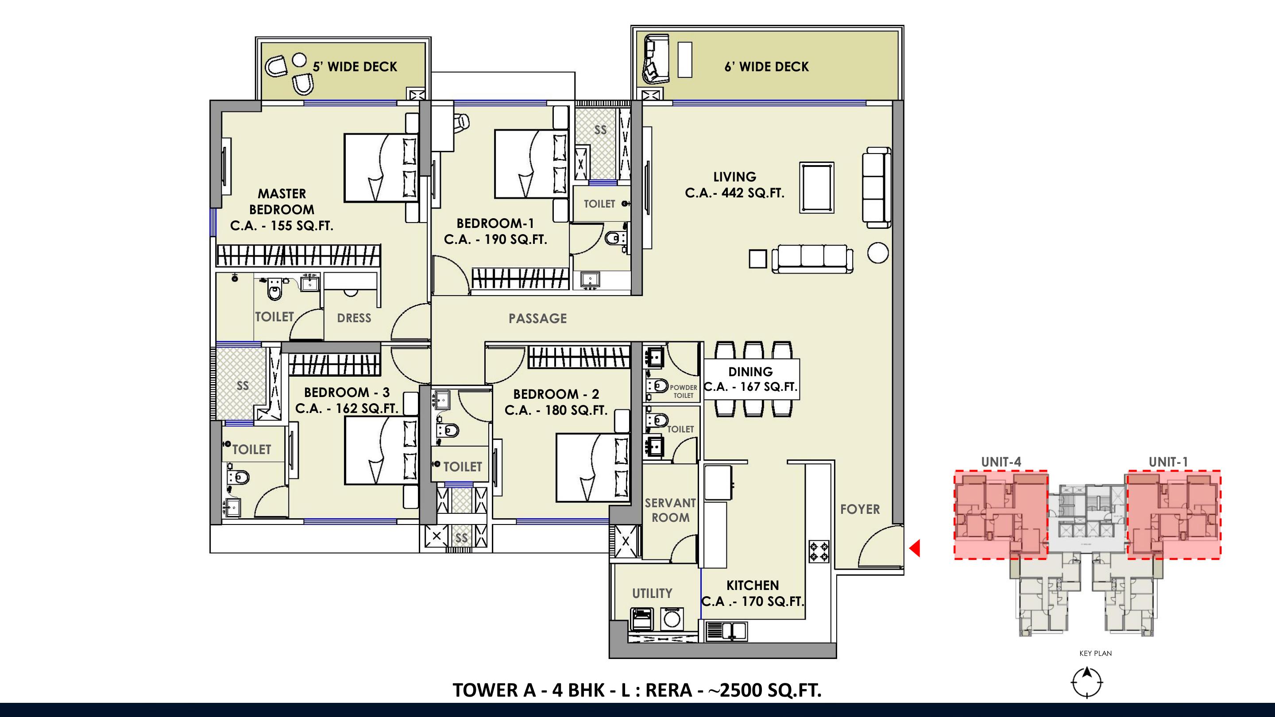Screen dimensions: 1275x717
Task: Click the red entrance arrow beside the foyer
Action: (x=915, y=548)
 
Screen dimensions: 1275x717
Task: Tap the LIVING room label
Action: (x=734, y=177)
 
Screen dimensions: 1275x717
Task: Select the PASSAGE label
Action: (x=537, y=318)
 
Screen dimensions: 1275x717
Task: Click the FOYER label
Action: (x=860, y=509)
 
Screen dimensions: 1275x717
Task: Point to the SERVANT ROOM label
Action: (x=670, y=510)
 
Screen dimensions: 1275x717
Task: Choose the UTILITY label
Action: (x=652, y=593)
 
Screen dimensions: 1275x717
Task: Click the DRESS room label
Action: (x=354, y=318)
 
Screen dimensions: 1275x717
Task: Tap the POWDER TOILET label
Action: (x=684, y=391)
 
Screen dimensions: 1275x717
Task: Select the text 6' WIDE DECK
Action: (x=766, y=67)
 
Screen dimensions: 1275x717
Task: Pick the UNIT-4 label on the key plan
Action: (x=1001, y=462)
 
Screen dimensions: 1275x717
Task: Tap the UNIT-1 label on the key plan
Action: (x=1168, y=462)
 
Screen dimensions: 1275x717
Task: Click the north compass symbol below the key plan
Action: (x=1087, y=682)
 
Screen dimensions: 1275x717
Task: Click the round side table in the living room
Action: (x=877, y=253)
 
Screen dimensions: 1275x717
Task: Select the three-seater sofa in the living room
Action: (x=812, y=258)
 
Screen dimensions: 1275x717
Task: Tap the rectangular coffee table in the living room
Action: (x=817, y=188)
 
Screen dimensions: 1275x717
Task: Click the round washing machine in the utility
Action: (x=672, y=619)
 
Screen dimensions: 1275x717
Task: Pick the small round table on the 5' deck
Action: (x=299, y=60)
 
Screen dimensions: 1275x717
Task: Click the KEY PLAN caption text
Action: (x=1095, y=653)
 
